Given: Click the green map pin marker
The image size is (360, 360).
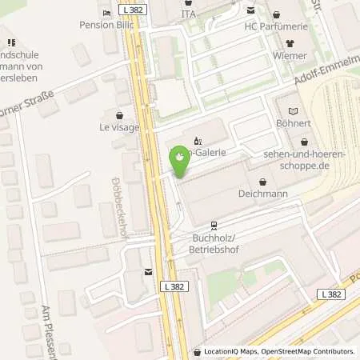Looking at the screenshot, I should (181, 158).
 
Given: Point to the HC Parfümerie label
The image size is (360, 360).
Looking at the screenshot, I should (275, 26).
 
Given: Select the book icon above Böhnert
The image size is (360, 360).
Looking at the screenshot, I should (291, 110).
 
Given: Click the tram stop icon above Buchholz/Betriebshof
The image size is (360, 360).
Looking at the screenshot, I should (214, 225).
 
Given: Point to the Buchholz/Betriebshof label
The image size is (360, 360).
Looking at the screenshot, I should (214, 242).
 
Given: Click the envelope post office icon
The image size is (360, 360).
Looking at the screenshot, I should (148, 272).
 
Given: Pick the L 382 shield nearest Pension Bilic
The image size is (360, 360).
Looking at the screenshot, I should (136, 6).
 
